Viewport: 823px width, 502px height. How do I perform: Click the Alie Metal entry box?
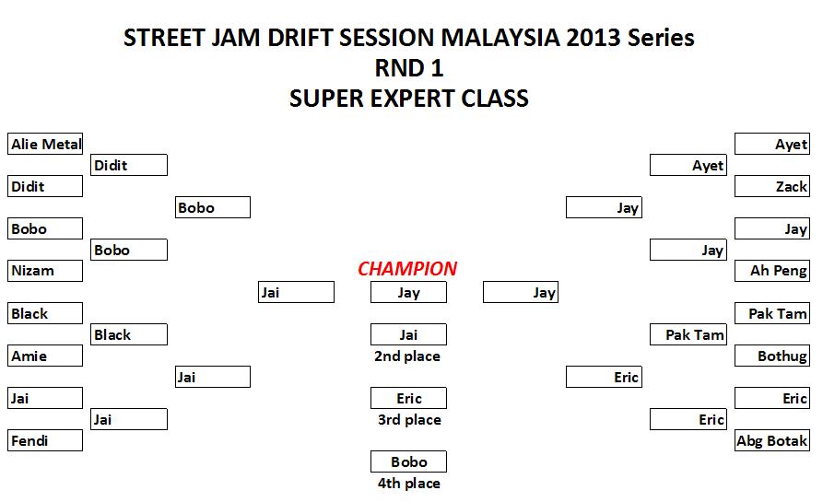(45, 144)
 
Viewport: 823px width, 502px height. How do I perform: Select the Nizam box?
(45, 271)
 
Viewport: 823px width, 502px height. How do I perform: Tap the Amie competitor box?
(45, 356)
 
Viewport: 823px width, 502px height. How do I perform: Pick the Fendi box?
(45, 440)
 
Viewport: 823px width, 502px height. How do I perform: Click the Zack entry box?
(772, 186)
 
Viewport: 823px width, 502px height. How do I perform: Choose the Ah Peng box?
(772, 271)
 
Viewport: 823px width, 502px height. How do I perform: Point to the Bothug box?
(772, 356)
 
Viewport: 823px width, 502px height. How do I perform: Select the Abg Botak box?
(772, 440)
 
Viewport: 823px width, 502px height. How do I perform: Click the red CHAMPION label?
(407, 269)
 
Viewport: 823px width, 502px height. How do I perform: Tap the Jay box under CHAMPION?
(408, 293)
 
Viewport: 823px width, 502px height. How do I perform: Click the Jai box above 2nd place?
(408, 334)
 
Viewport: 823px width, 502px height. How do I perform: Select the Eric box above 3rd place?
(408, 398)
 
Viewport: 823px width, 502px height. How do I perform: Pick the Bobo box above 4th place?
(408, 461)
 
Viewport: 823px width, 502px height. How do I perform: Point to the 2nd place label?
(407, 356)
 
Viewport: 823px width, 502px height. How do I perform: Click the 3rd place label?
(407, 420)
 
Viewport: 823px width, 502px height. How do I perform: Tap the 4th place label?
(407, 484)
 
